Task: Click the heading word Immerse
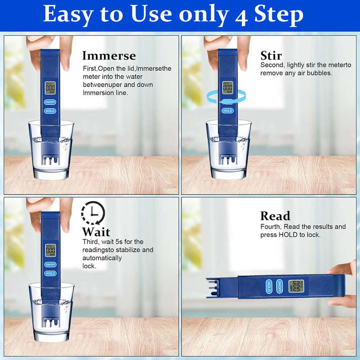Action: (109, 56)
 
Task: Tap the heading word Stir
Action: (271, 56)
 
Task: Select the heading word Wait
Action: (96, 231)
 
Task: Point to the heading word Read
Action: (275, 216)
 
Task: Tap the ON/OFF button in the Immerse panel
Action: (50, 102)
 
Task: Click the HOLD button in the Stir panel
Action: (227, 111)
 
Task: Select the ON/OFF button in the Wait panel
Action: (50, 264)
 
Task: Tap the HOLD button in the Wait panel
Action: (50, 273)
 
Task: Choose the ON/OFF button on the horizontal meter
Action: (279, 286)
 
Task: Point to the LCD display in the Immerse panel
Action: (50, 88)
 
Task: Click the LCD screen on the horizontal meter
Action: (296, 286)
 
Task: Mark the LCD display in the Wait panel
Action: (50, 250)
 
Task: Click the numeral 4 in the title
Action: (241, 16)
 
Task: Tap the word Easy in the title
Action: (67, 14)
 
